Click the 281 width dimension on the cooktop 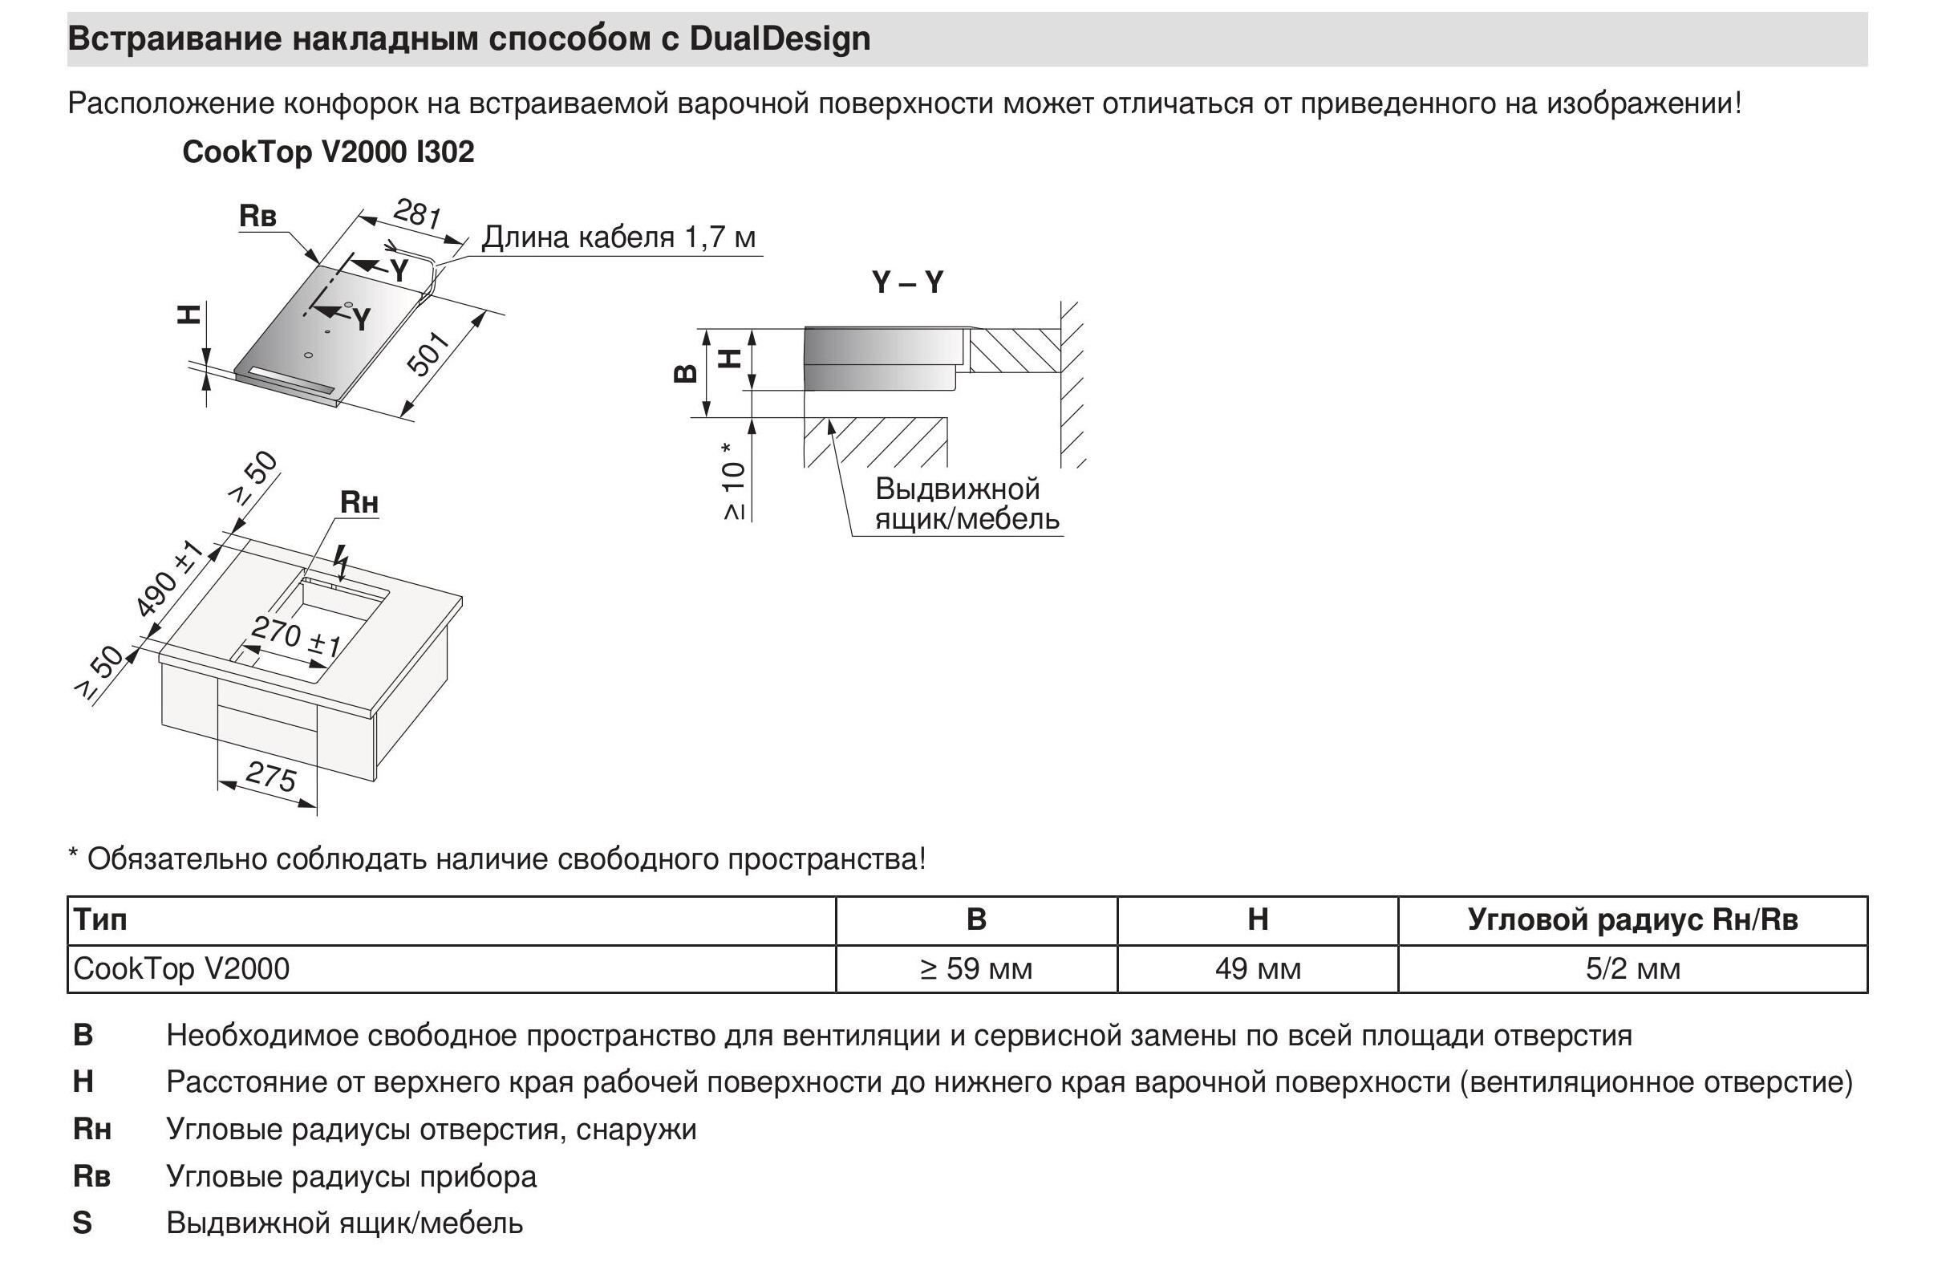click(x=417, y=213)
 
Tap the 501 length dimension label click(x=429, y=354)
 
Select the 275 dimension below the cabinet click(x=270, y=776)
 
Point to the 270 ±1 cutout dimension click(x=295, y=637)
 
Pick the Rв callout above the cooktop click(x=257, y=216)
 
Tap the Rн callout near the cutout click(x=359, y=502)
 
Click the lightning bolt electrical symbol click(x=342, y=562)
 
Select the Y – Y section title click(x=907, y=282)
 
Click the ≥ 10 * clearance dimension click(x=733, y=481)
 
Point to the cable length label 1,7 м click(x=618, y=237)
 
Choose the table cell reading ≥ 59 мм click(x=975, y=968)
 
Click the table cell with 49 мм click(x=1257, y=968)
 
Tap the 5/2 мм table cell click(x=1632, y=968)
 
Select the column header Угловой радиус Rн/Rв click(x=1632, y=919)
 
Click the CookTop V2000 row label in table click(x=181, y=968)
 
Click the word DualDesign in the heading click(x=779, y=39)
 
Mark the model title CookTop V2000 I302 click(x=328, y=152)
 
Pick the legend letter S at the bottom click(x=82, y=1223)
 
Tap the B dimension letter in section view click(x=685, y=374)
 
